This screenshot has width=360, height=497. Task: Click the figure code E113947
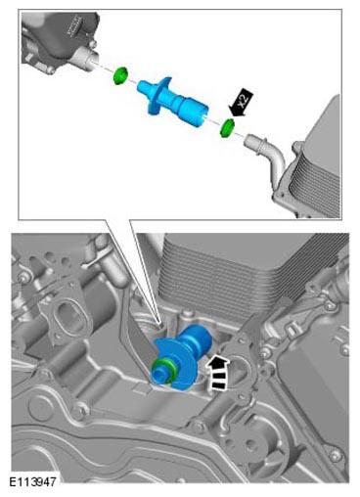tap(32, 481)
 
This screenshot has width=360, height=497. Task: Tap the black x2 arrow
tap(242, 103)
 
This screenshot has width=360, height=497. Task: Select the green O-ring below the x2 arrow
tap(227, 128)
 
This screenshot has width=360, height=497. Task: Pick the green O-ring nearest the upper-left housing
tap(120, 75)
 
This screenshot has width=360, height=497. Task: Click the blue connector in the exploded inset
tap(172, 101)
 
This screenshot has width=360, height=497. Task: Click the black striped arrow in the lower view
tap(218, 372)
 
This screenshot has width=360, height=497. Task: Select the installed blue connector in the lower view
tap(180, 357)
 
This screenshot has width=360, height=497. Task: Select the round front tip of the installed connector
tap(159, 375)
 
